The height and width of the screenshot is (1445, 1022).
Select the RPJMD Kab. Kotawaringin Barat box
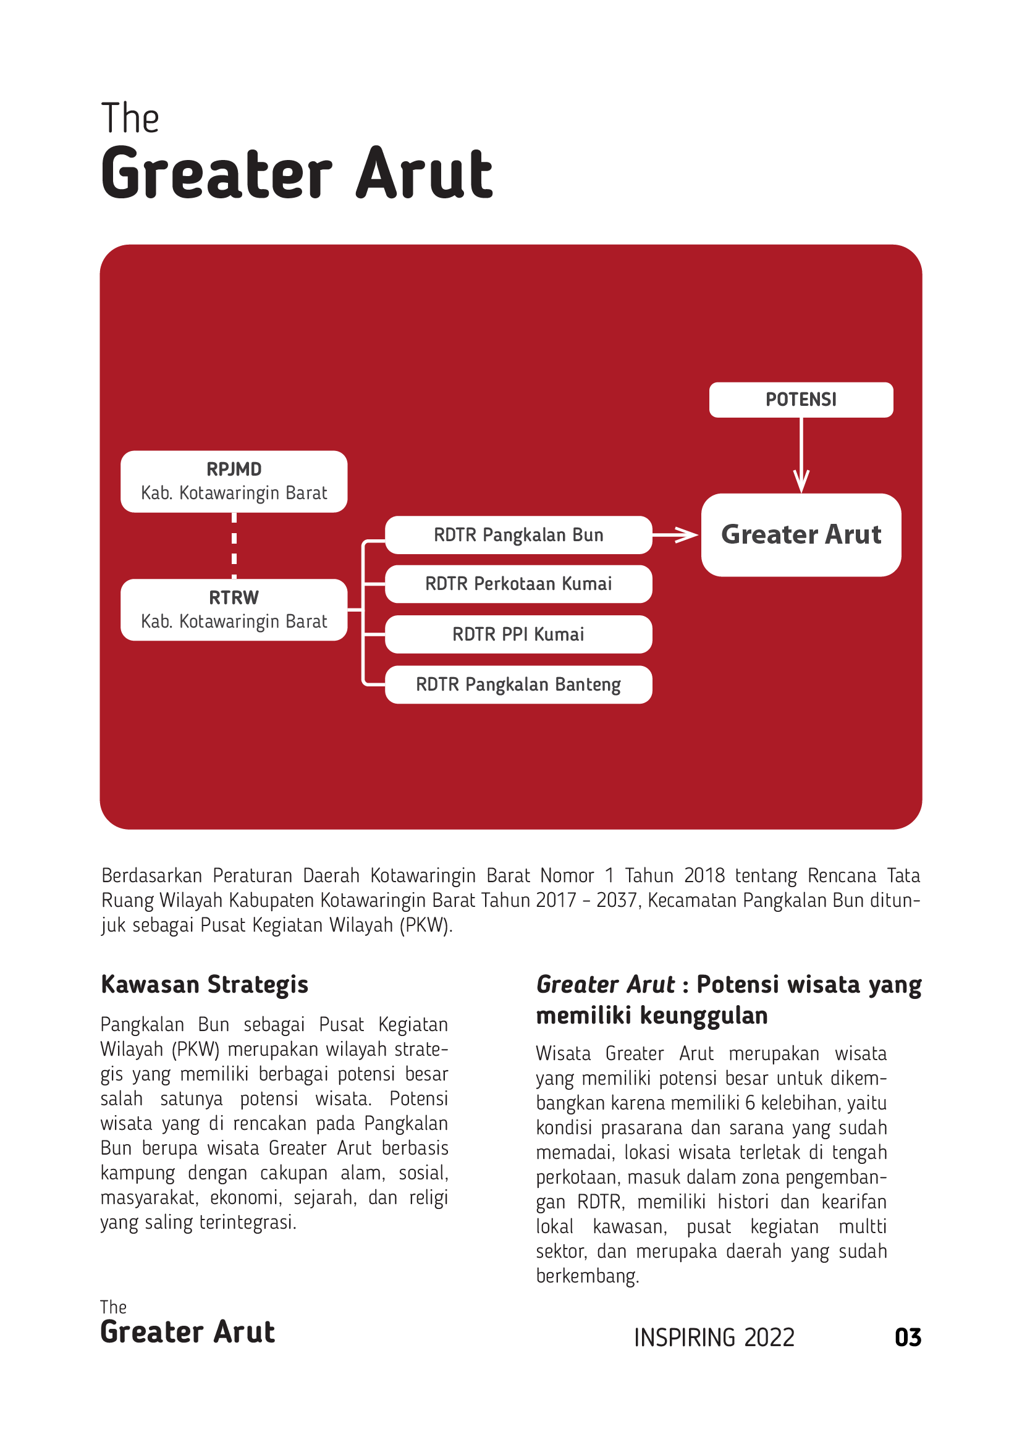pyautogui.click(x=234, y=481)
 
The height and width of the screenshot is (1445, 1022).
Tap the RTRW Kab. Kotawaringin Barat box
pyautogui.click(x=234, y=610)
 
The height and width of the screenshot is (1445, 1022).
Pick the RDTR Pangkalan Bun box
pyautogui.click(x=518, y=535)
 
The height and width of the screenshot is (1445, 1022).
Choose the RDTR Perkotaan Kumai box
pyautogui.click(x=518, y=584)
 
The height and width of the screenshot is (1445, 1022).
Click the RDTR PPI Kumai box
pyautogui.click(x=518, y=634)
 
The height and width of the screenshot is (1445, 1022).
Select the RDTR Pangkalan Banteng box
pyautogui.click(x=518, y=685)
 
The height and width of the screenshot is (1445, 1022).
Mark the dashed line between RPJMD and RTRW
pyautogui.click(x=234, y=545)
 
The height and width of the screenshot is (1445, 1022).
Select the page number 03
pyautogui.click(x=908, y=1338)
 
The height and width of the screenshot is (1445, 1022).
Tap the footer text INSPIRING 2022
pyautogui.click(x=714, y=1338)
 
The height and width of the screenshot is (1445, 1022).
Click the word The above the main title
pyautogui.click(x=130, y=119)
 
